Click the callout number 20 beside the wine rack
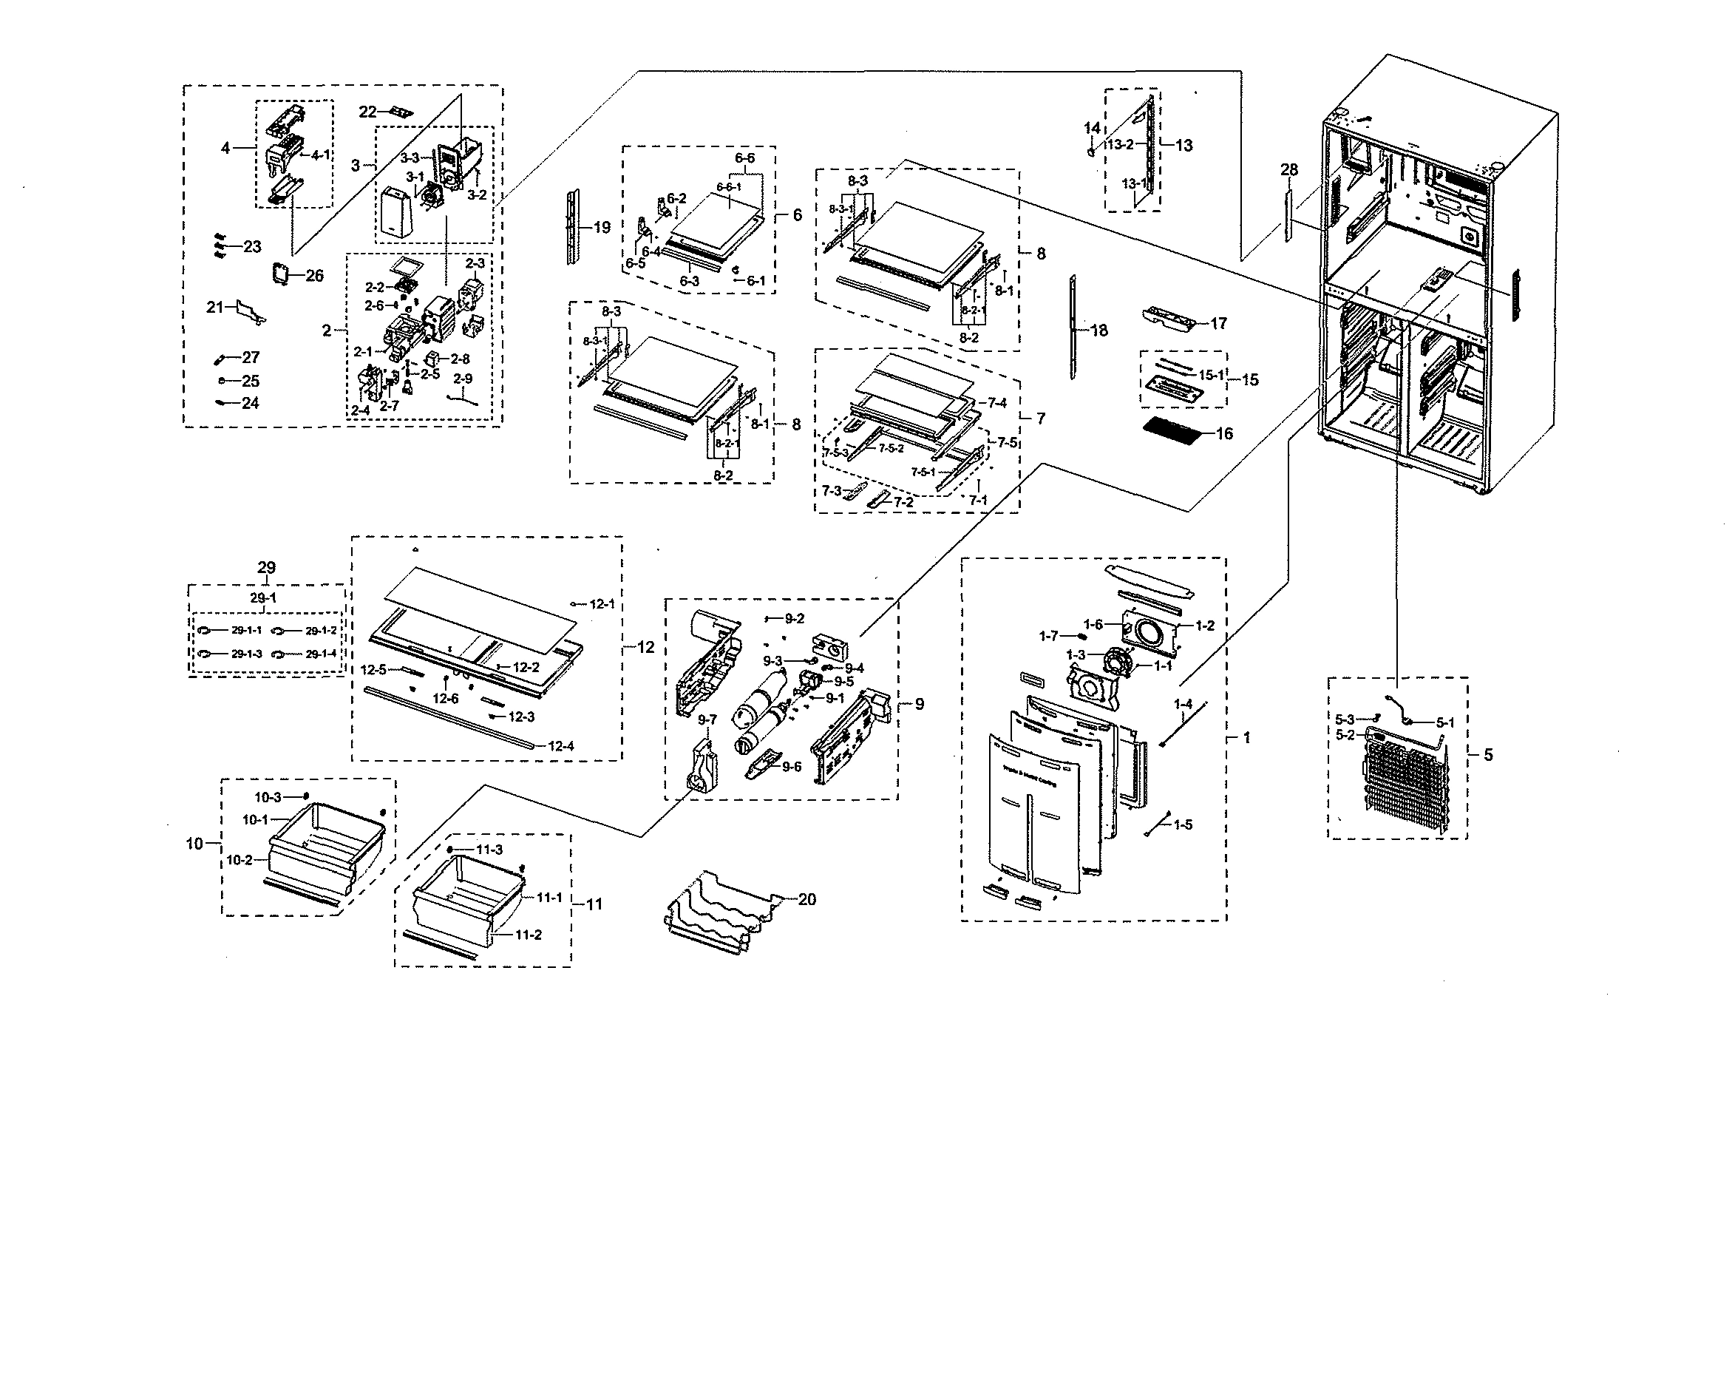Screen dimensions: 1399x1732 (806, 899)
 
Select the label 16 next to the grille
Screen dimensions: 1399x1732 (1223, 434)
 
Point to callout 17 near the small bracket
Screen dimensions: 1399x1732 (1218, 324)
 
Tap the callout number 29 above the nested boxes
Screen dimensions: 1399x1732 (267, 567)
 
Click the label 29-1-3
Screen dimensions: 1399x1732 (246, 654)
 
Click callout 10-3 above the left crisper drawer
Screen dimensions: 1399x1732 (268, 797)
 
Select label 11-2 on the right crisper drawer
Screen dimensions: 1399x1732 (529, 935)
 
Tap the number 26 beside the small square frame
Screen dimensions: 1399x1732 (314, 276)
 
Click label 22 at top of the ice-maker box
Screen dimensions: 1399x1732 (368, 112)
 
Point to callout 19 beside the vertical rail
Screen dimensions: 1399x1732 (602, 228)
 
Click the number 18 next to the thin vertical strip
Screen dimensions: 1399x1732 (1098, 331)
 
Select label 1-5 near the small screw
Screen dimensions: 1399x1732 (1183, 824)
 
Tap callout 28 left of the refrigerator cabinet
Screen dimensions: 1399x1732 (1289, 169)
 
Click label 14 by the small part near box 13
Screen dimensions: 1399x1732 (1092, 128)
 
